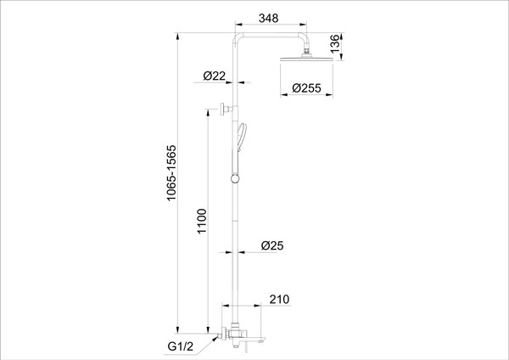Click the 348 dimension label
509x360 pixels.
click(268, 18)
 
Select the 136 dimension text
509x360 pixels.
click(335, 43)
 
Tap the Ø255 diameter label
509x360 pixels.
click(306, 88)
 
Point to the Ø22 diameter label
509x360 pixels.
click(215, 76)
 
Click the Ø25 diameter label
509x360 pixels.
click(272, 245)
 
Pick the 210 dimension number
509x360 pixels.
click(279, 299)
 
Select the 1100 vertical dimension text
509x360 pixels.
click(202, 222)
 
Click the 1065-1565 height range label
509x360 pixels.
click(171, 173)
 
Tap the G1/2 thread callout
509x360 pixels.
click(181, 346)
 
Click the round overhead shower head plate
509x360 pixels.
click(306, 59)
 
